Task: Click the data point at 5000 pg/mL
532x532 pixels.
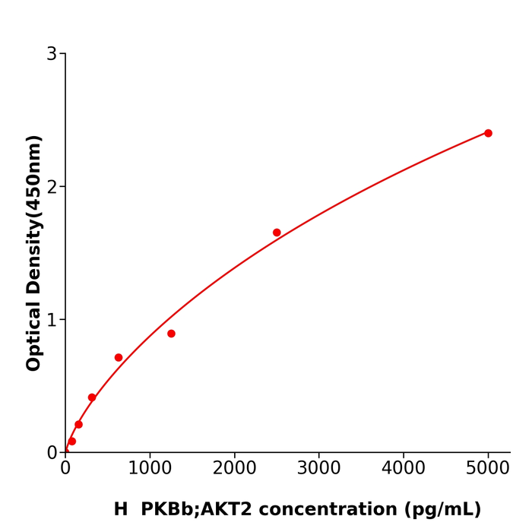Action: (x=488, y=133)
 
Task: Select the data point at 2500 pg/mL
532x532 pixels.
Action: (x=277, y=233)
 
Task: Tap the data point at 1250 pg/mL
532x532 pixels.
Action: (x=171, y=334)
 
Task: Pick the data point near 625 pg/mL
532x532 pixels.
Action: (x=119, y=357)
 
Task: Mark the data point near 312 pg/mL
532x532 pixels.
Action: (x=92, y=397)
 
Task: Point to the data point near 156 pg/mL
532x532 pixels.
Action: (x=78, y=424)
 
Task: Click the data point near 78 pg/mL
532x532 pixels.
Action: (x=72, y=441)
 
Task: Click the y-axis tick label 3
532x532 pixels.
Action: (x=52, y=54)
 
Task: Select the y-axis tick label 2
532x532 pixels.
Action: (x=52, y=187)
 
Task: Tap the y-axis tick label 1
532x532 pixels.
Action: (x=52, y=320)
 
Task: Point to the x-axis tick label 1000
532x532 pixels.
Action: (x=150, y=468)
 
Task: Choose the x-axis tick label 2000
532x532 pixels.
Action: (x=234, y=468)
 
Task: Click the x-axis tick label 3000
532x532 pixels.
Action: (x=318, y=468)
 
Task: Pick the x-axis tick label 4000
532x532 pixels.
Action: (x=403, y=468)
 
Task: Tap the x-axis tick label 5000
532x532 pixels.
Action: (x=488, y=468)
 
